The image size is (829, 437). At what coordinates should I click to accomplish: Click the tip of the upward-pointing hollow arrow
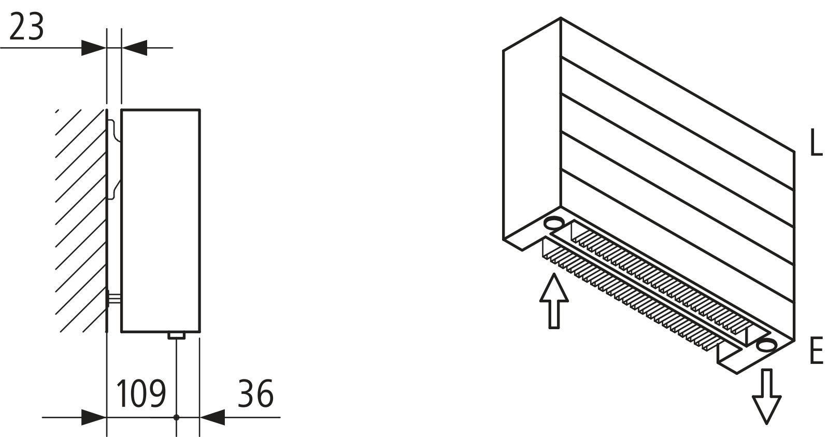(553, 274)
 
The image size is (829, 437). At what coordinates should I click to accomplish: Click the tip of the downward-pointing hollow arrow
(766, 425)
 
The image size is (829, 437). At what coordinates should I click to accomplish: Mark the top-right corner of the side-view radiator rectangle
(200, 109)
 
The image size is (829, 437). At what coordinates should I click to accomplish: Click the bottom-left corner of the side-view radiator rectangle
(121, 332)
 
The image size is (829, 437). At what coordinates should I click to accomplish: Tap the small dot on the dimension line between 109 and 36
(177, 417)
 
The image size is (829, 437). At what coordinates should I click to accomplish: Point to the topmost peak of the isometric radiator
(561, 17)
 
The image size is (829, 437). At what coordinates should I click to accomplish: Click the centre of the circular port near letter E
(765, 345)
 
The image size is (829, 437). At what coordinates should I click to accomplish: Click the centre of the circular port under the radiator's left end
(554, 223)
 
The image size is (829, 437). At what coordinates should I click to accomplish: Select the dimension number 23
(26, 26)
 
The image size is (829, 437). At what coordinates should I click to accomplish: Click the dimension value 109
(141, 393)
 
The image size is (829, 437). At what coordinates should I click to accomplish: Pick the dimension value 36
(255, 393)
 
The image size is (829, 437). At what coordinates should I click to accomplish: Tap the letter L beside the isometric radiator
(816, 142)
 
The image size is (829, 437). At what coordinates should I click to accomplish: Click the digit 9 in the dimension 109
(158, 393)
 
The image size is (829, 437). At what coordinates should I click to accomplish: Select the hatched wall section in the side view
(80, 221)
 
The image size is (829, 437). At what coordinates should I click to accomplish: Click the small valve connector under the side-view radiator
(177, 335)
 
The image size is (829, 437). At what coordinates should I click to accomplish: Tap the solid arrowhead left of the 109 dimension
(94, 417)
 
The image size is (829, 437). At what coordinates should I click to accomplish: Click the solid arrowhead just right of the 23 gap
(134, 48)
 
